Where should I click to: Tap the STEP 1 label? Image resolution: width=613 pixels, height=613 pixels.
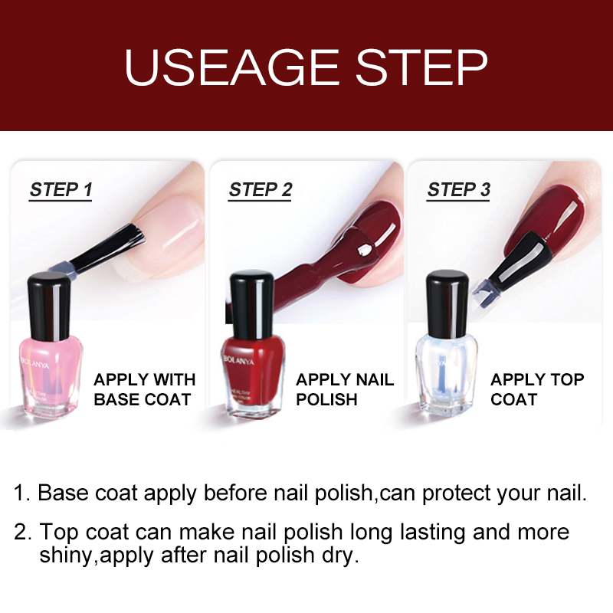[x=61, y=190]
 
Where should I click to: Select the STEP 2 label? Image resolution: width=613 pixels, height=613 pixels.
[x=261, y=190]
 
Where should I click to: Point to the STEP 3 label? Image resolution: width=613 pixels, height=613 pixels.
[x=459, y=190]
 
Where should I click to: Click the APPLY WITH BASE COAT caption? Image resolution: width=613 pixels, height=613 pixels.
[x=144, y=389]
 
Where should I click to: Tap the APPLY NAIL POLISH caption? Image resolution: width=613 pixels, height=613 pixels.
[x=345, y=389]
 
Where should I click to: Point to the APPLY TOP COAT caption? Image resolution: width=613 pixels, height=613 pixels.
[x=537, y=389]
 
